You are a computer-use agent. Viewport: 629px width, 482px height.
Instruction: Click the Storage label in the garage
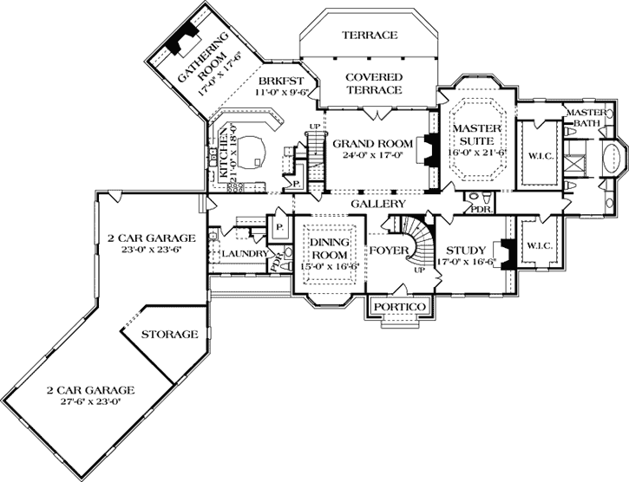tap(169, 334)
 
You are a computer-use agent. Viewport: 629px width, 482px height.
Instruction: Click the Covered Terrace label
tap(373, 83)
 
